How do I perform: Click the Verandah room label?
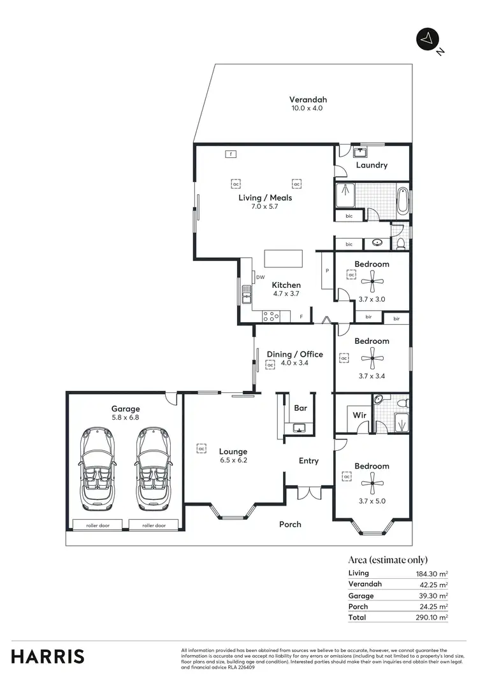(x=308, y=100)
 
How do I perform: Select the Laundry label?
(x=372, y=165)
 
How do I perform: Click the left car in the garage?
(x=97, y=468)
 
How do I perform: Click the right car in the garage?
(x=153, y=468)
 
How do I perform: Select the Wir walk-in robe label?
(x=359, y=415)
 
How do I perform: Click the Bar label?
(x=300, y=408)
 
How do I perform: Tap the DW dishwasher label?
(x=260, y=277)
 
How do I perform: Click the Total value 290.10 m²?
(x=433, y=617)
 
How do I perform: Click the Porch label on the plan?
(x=290, y=524)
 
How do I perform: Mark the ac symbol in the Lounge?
(x=201, y=448)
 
